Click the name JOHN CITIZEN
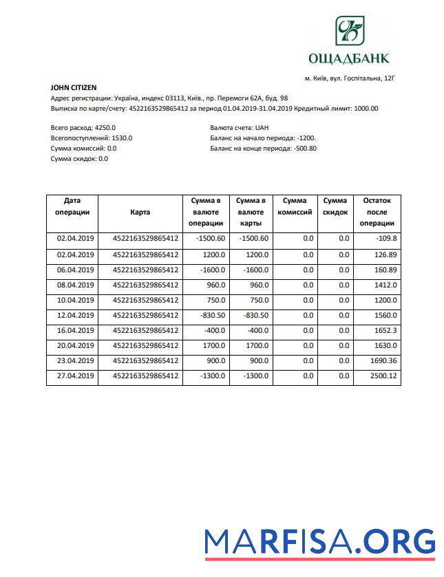(74, 87)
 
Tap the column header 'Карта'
(140, 213)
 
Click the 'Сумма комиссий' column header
(294, 207)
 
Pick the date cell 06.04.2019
(74, 270)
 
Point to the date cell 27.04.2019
(74, 376)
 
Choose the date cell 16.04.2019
(74, 331)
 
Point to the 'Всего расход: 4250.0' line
(83, 128)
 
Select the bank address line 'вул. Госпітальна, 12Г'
(350, 78)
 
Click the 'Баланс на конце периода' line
(263, 149)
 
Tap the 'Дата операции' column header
(72, 207)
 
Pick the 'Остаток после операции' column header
(377, 212)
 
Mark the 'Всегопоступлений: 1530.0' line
(92, 138)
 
